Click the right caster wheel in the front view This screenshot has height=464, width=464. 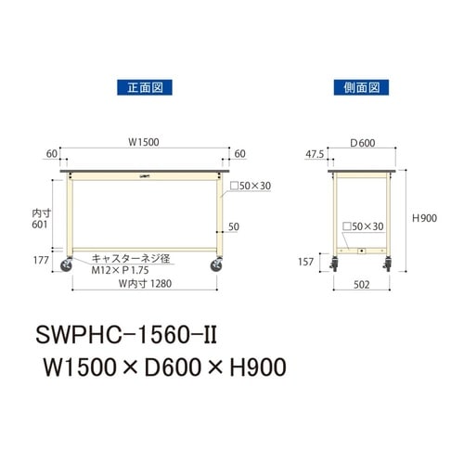217,266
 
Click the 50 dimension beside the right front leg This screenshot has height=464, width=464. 235,226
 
